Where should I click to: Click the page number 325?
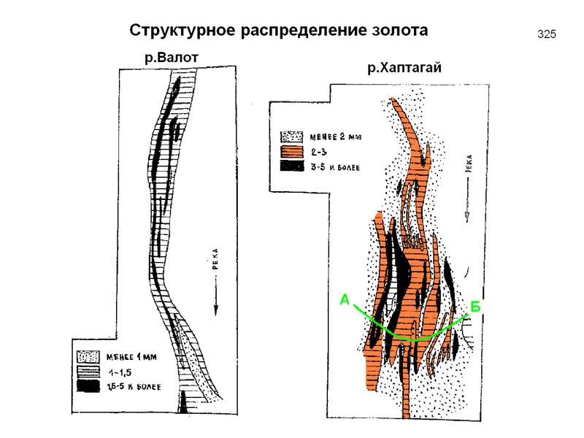547,34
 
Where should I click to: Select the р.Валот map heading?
172,57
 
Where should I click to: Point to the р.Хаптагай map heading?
406,69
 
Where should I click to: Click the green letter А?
345,299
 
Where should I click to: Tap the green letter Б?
475,307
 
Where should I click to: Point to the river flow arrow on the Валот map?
216,300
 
